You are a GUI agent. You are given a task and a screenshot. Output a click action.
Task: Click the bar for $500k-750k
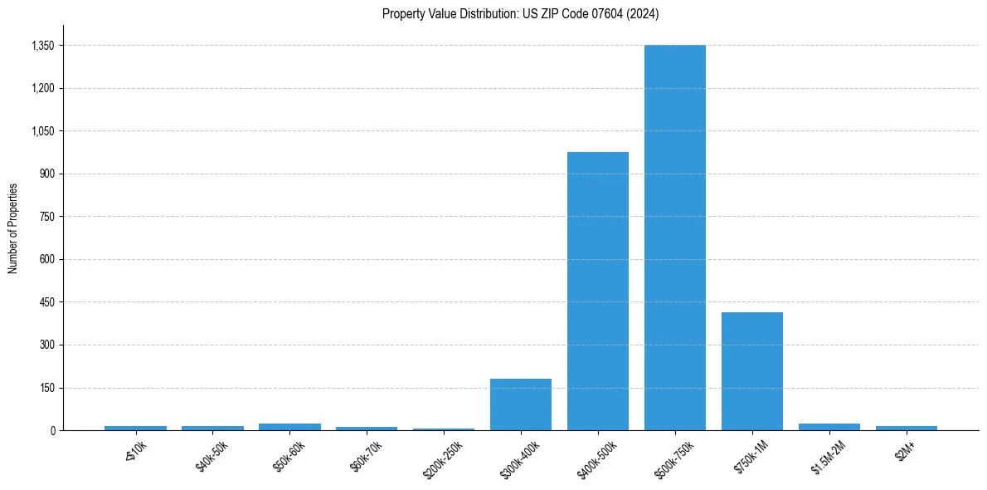tap(674, 238)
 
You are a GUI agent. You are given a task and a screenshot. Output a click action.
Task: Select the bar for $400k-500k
tap(597, 291)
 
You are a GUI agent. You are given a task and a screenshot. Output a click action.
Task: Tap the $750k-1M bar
tap(751, 371)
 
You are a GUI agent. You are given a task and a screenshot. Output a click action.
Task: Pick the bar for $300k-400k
tap(520, 404)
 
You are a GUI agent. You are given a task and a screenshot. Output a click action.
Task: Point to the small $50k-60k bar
tap(289, 427)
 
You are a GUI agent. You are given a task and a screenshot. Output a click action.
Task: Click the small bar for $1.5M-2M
tap(829, 427)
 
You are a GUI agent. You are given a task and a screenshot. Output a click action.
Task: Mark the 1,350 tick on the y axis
tap(42, 46)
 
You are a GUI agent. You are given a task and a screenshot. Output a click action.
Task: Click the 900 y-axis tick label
tap(46, 174)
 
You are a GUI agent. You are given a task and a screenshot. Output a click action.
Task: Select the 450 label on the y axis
tap(46, 302)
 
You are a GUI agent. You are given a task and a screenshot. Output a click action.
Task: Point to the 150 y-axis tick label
tap(46, 388)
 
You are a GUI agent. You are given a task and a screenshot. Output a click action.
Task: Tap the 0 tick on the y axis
tap(51, 430)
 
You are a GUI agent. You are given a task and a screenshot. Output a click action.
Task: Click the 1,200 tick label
tap(42, 88)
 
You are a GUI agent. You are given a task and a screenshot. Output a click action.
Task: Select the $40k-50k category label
tap(211, 454)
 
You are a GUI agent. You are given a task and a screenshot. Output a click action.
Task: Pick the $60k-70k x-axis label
tap(365, 454)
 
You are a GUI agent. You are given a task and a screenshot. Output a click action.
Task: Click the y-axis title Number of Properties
tap(12, 228)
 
